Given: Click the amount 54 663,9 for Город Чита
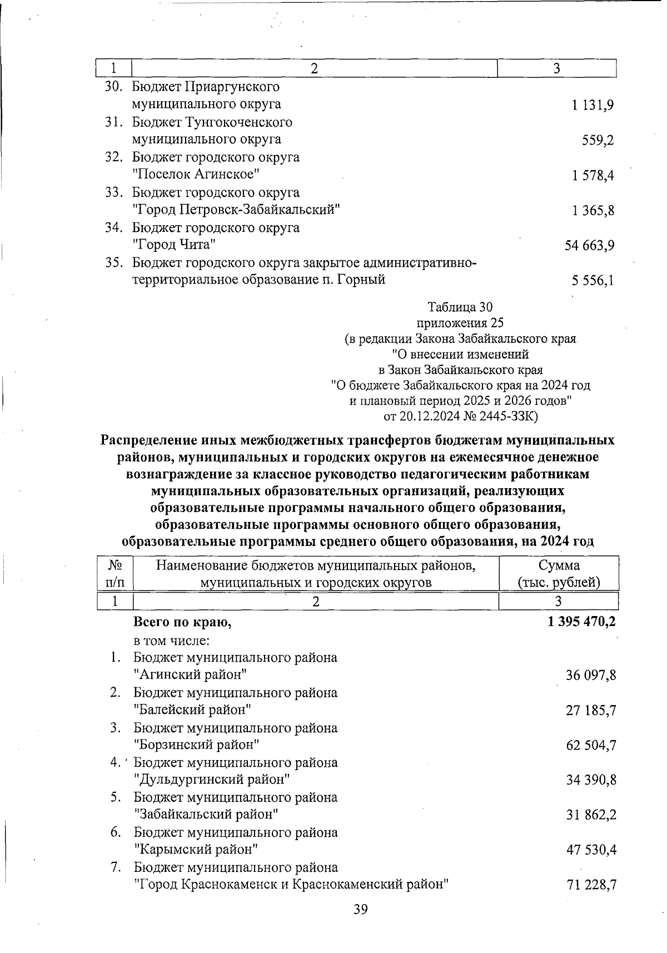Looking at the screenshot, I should click(x=589, y=245).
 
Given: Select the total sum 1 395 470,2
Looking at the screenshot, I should click(x=581, y=622).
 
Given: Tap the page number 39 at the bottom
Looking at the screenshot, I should click(x=361, y=910).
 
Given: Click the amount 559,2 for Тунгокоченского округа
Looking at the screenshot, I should click(x=598, y=140).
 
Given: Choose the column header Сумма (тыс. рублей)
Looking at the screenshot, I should click(x=559, y=574).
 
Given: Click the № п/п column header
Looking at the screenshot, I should click(x=115, y=574).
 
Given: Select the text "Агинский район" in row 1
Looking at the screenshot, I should click(x=191, y=675).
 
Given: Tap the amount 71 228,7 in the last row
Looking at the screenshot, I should click(x=591, y=885).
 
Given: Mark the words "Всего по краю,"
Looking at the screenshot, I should click(x=182, y=623).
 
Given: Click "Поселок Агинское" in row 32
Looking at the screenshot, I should click(x=196, y=175).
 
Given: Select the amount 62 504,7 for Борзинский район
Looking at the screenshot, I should click(x=591, y=746).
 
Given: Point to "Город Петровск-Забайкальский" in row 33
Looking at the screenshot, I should click(x=236, y=210).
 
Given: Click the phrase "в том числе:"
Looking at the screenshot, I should click(x=171, y=641).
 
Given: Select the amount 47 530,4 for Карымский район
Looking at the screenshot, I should click(x=591, y=850).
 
